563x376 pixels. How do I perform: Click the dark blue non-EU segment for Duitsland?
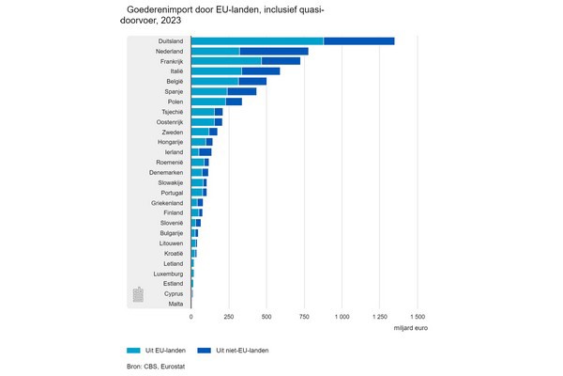click(x=358, y=40)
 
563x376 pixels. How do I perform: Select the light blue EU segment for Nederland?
click(x=215, y=51)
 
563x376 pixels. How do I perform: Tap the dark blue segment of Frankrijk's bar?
click(x=281, y=60)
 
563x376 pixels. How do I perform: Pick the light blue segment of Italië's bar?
click(x=216, y=70)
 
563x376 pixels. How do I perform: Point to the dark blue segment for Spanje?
click(x=241, y=91)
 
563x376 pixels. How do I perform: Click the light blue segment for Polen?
click(x=208, y=102)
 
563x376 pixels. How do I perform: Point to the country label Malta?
click(x=175, y=304)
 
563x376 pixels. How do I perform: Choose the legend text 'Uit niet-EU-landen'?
click(x=242, y=351)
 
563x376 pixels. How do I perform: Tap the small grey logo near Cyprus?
click(x=138, y=294)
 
